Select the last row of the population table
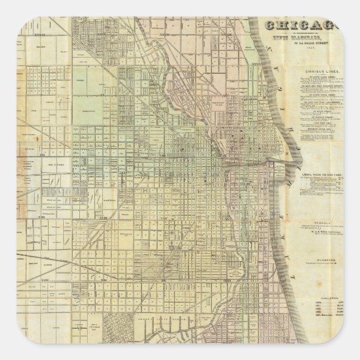point(328,323)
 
